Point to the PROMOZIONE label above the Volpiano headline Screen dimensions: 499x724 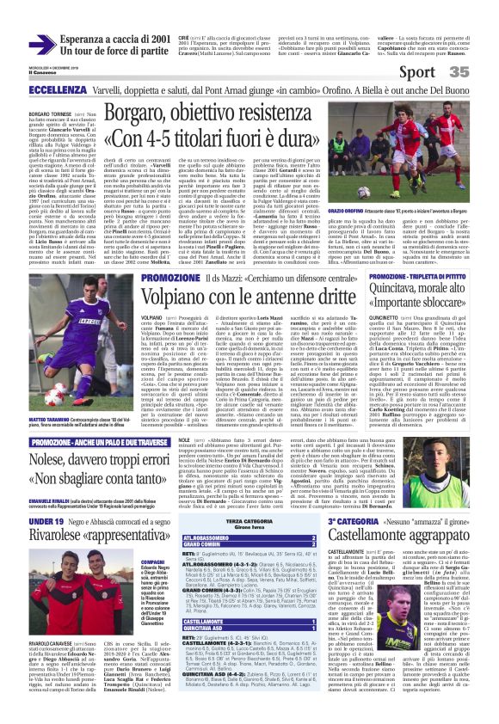tap(169, 279)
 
